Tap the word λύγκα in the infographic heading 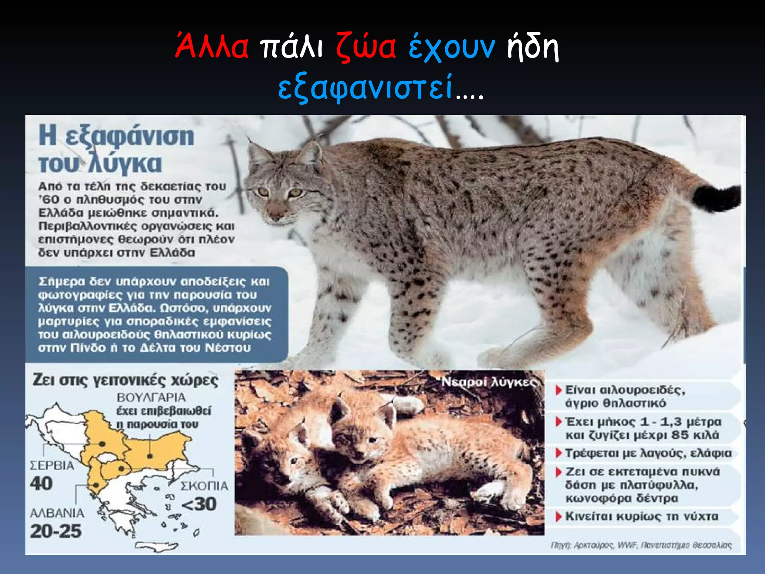[126, 163]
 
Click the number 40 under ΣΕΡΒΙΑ [41, 484]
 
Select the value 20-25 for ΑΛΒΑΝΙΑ [56, 531]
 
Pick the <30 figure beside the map [199, 504]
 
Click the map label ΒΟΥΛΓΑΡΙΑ [151, 397]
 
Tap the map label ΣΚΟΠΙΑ [204, 486]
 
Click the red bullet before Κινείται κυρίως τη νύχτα [559, 517]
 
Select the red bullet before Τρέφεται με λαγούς [559, 453]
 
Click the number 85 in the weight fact [680, 435]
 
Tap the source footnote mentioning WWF [641, 545]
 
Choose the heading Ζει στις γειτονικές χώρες [126, 380]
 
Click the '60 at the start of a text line [49, 200]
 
